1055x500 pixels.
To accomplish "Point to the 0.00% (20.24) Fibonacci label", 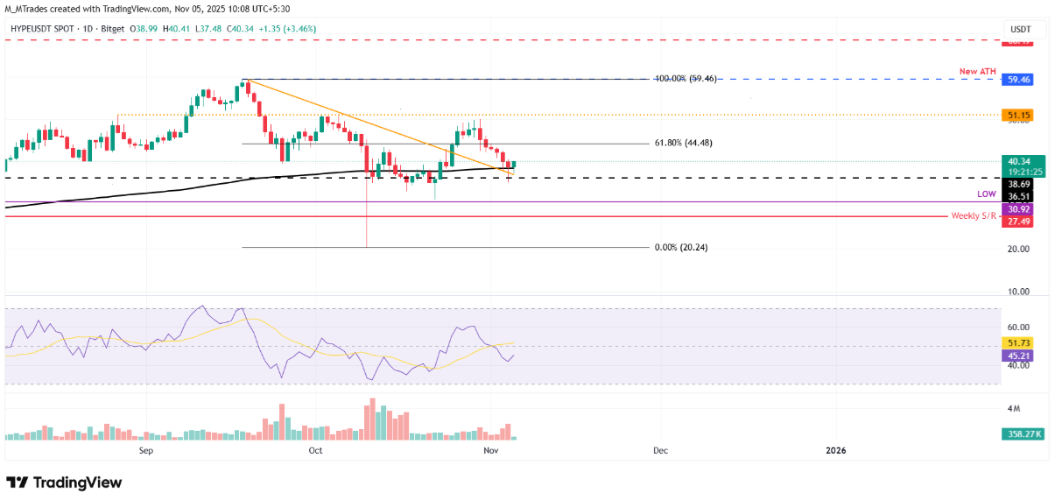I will tap(681, 248).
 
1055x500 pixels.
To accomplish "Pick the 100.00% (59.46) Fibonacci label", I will tap(686, 78).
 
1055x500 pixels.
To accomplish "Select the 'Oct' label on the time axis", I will tap(316, 450).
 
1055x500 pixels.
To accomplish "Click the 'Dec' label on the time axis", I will tap(660, 450).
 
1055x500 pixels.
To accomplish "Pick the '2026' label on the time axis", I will tap(836, 450).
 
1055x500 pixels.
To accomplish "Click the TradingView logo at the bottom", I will tap(64, 482).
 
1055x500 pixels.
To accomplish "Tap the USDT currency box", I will tap(1021, 29).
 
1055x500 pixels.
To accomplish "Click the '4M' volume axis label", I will tap(1014, 409).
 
